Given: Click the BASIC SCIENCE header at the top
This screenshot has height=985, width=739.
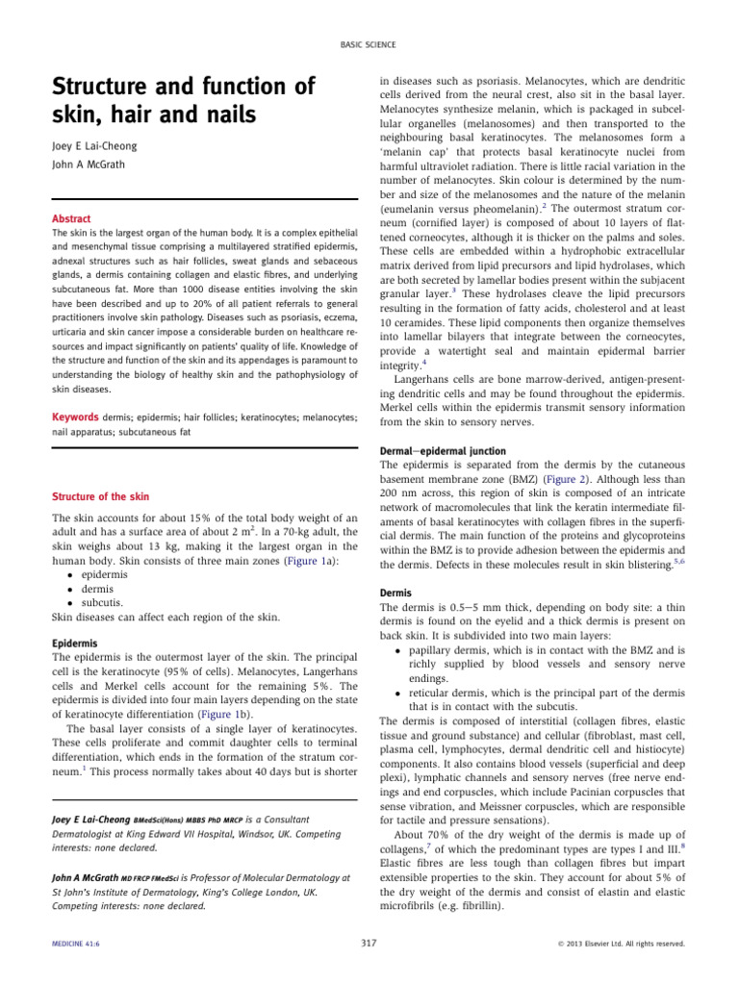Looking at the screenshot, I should click(x=369, y=45).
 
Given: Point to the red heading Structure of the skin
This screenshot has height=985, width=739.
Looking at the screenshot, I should click(x=100, y=496).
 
